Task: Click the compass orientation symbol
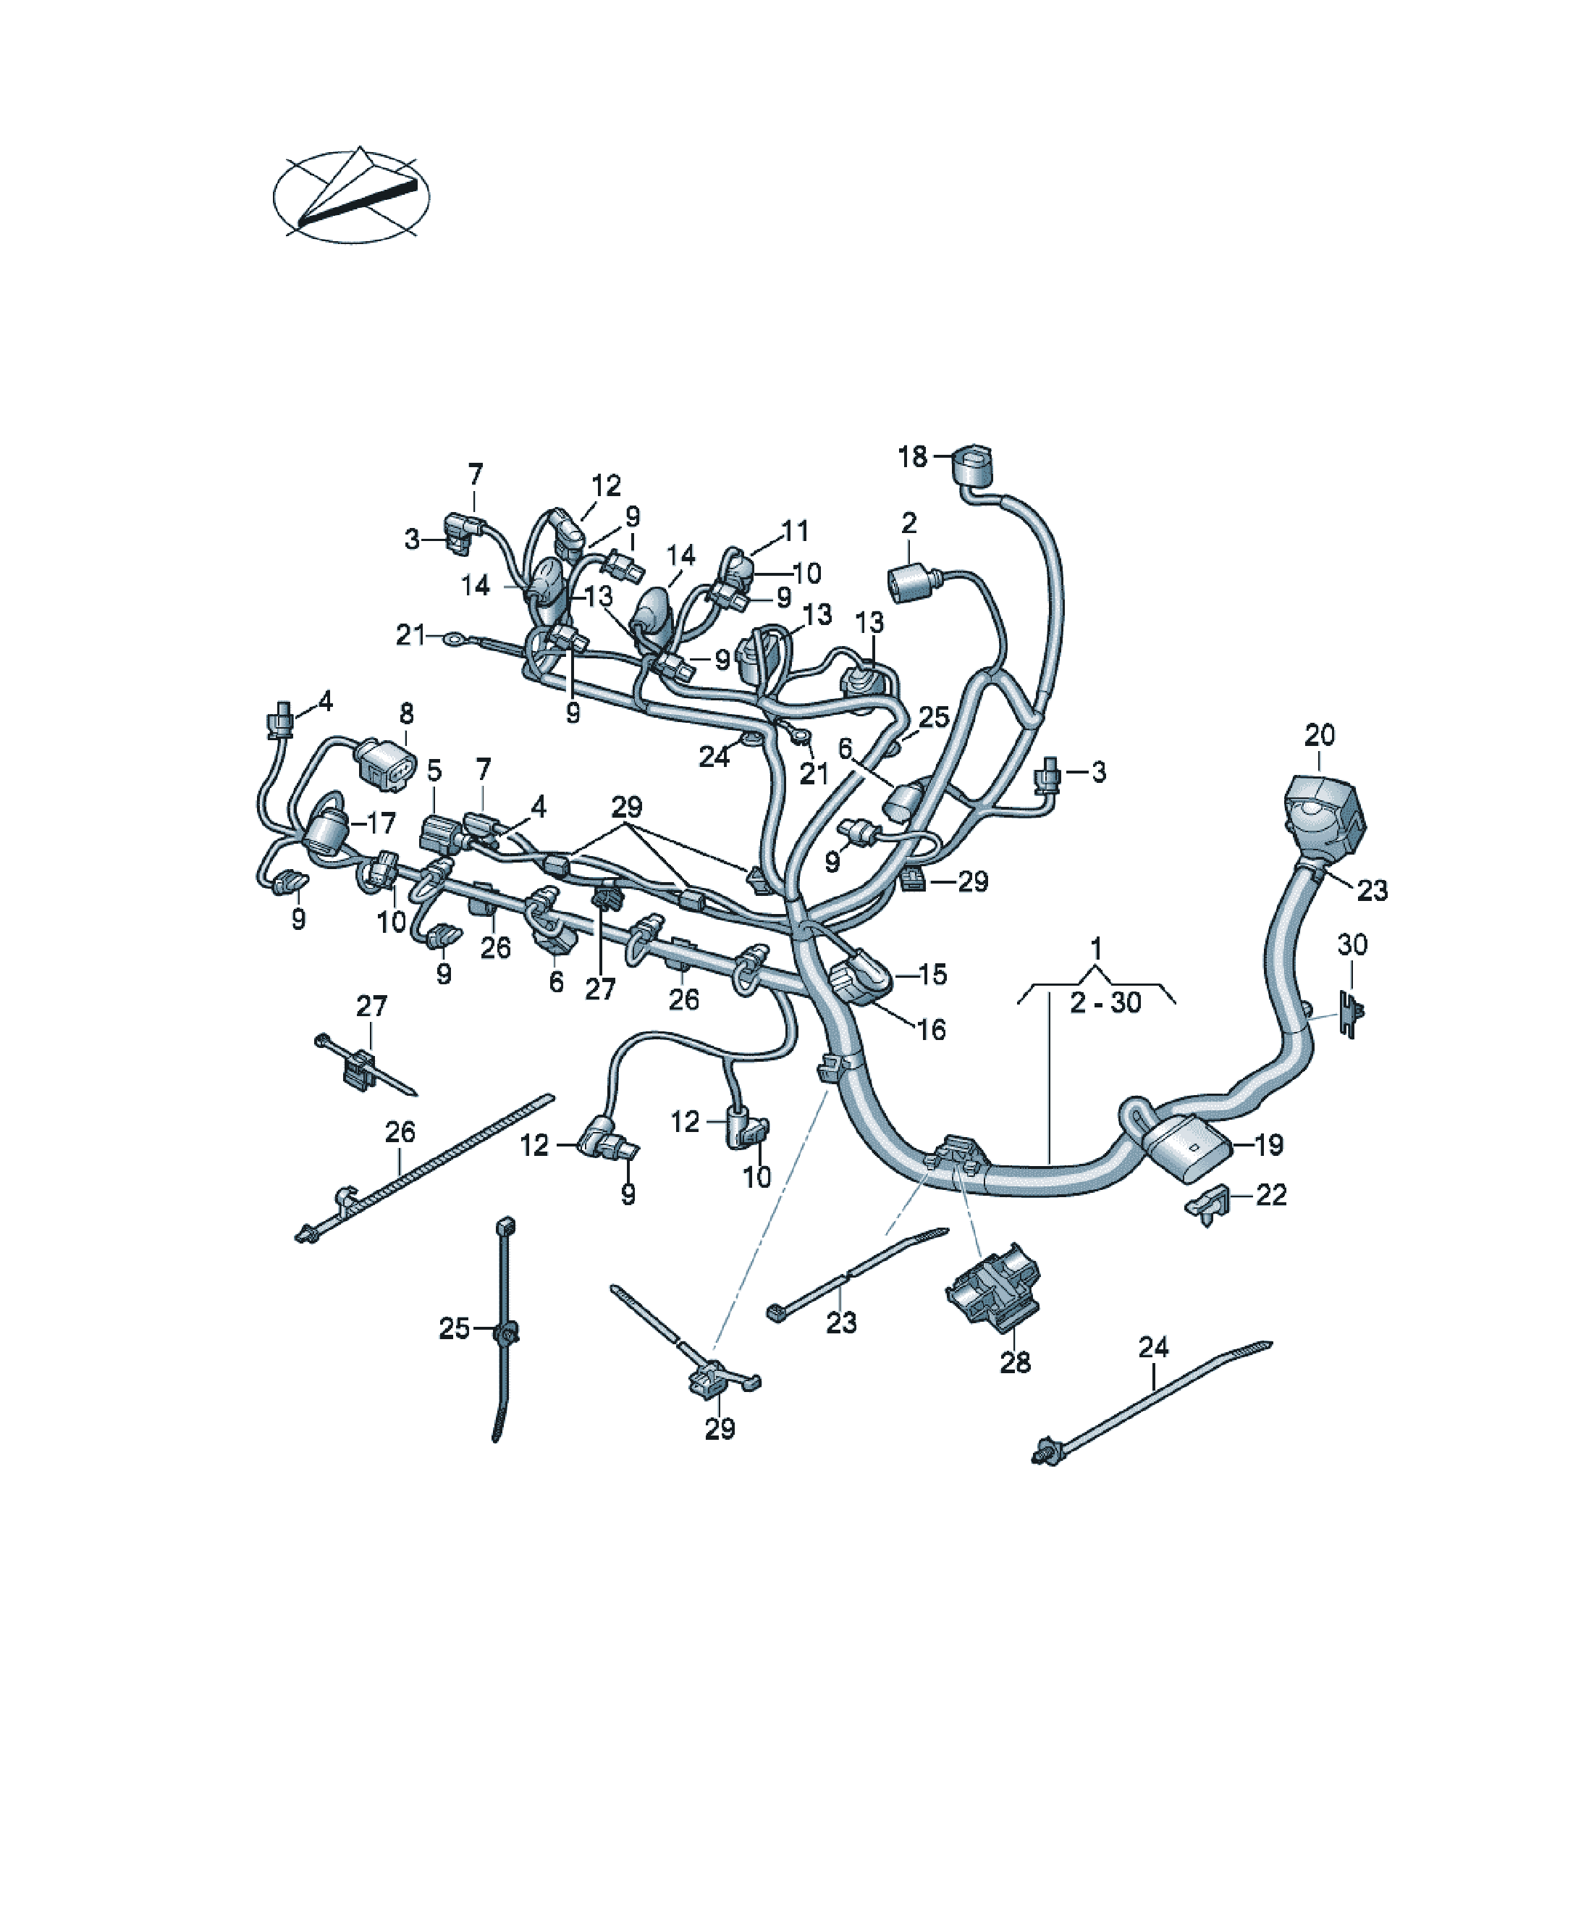point(351,196)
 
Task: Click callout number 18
point(912,456)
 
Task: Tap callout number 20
point(1319,734)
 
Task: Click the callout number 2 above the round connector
point(908,523)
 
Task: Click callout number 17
point(381,823)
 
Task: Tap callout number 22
point(1271,1194)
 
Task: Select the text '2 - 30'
point(1106,1003)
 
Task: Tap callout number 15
point(932,975)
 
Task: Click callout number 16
point(932,1029)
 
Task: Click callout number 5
point(434,771)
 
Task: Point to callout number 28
point(1016,1362)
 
